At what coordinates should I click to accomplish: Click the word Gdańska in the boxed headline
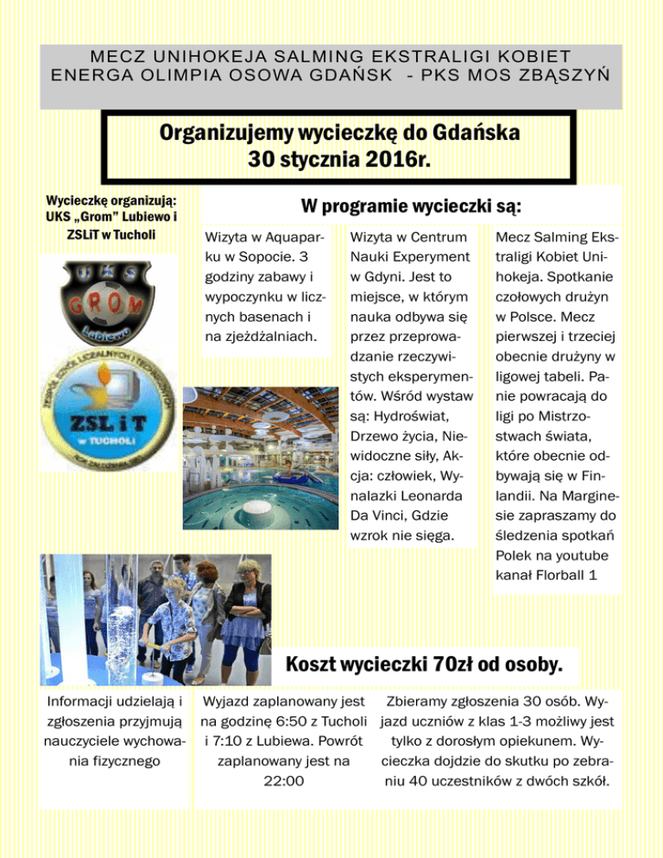coord(478,134)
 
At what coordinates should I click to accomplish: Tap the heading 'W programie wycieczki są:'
coord(410,207)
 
